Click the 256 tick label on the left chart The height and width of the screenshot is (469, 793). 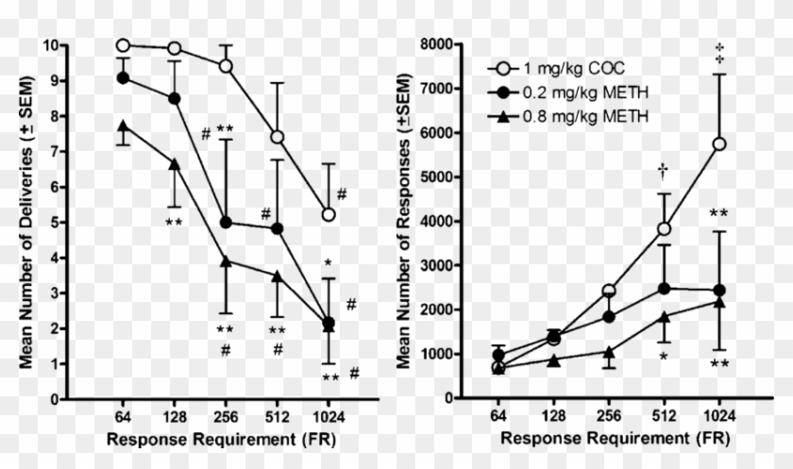click(226, 415)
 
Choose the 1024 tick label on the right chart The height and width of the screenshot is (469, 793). click(721, 415)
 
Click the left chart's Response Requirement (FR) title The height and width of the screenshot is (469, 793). click(220, 440)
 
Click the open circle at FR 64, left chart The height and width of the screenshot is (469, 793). click(123, 45)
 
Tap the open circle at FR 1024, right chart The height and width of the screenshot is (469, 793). click(720, 143)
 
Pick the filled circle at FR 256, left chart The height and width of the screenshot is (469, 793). click(227, 223)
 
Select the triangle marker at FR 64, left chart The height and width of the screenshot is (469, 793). click(123, 126)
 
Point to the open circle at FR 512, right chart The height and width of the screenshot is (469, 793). click(665, 228)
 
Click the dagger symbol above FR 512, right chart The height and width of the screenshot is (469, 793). click(664, 170)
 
